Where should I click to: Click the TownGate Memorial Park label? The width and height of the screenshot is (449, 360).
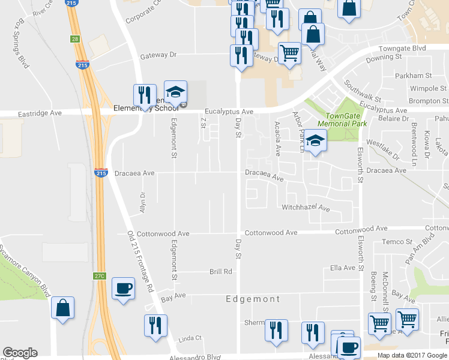(x=345, y=119)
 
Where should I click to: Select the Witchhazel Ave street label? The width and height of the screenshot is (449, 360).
(x=306, y=208)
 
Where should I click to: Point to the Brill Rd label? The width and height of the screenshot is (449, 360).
(x=220, y=272)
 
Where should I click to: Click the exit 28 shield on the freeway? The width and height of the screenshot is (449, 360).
(x=74, y=39)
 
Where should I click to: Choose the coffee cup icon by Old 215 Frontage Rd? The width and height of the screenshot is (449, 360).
(x=123, y=289)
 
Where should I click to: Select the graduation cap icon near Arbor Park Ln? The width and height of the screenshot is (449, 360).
(x=315, y=142)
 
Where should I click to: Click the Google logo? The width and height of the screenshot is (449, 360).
(x=20, y=353)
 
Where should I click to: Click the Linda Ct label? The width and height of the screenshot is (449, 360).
(x=190, y=339)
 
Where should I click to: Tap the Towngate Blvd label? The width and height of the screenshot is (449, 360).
(x=402, y=47)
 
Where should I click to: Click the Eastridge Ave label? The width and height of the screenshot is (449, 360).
(x=40, y=112)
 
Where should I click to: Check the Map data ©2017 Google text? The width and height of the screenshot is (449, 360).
(x=412, y=355)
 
